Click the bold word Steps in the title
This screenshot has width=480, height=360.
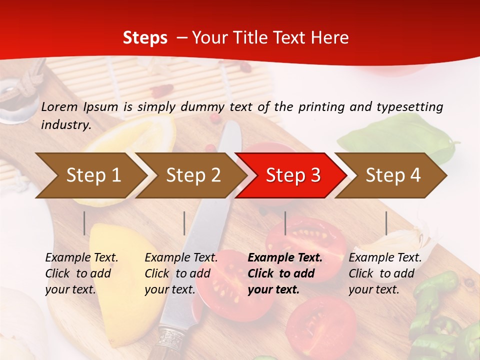(x=145, y=38)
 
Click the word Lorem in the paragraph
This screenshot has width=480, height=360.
(x=59, y=106)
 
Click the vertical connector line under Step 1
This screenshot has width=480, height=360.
(x=84, y=223)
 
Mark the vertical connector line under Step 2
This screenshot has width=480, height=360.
(x=184, y=223)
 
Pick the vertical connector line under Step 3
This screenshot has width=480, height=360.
(x=285, y=223)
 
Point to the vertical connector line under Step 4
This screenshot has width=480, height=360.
(x=386, y=223)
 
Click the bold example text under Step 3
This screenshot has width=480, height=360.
(x=285, y=273)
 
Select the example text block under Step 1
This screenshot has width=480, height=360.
(x=81, y=273)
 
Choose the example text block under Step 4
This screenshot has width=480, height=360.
(x=385, y=273)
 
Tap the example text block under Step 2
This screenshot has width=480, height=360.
(x=181, y=273)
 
